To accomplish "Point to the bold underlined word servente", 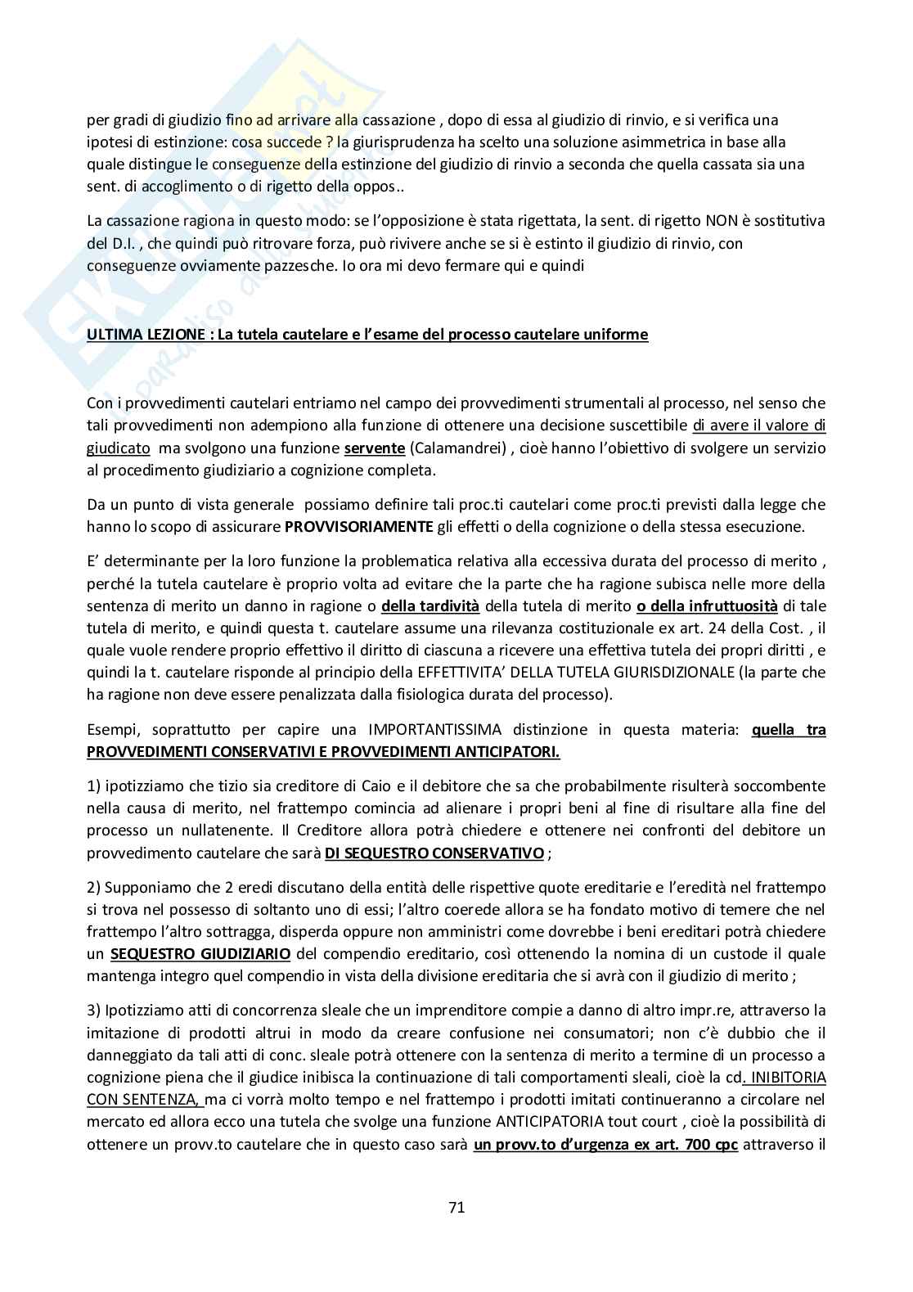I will (x=374, y=448).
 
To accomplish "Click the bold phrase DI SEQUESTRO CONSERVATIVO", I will (x=434, y=853).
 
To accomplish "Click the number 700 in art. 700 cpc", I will (x=696, y=1144).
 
